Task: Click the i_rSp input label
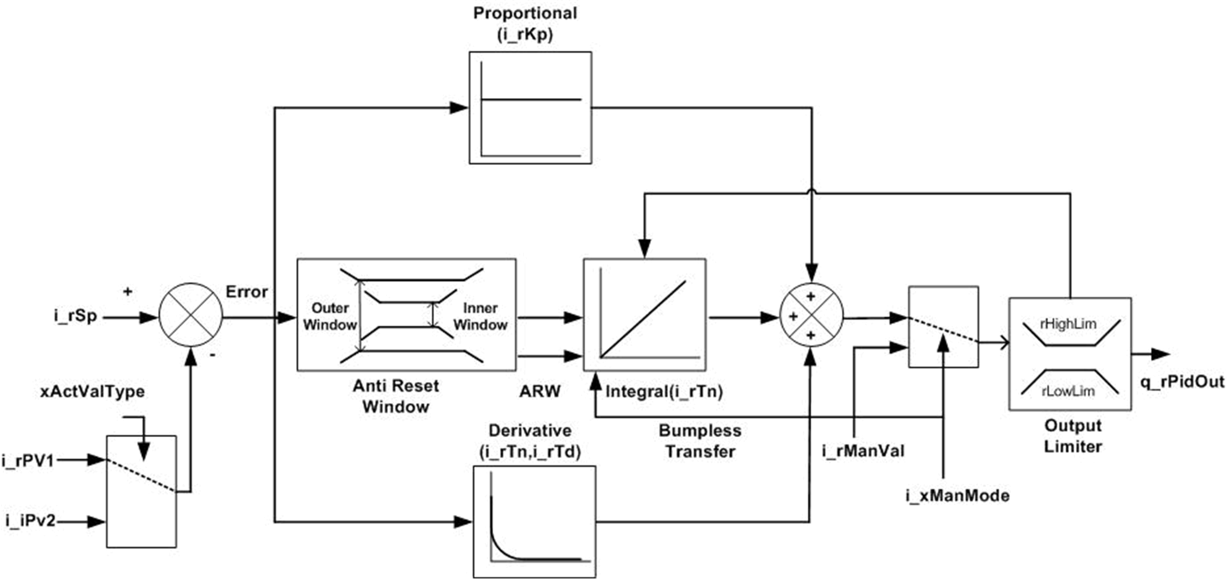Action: tap(75, 317)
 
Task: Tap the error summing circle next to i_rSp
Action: tap(191, 315)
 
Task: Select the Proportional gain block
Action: tap(530, 108)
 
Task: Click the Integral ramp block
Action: tap(645, 315)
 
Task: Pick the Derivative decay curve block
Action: tap(534, 522)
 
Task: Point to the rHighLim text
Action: tap(1068, 324)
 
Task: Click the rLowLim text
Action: tap(1068, 391)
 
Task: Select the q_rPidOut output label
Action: tap(1182, 382)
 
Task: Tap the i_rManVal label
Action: tap(863, 451)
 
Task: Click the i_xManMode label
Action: tap(957, 496)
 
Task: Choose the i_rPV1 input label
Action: tap(28, 461)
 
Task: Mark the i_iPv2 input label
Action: tap(30, 521)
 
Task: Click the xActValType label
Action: tap(92, 391)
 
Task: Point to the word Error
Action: tap(247, 292)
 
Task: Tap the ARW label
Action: tap(539, 391)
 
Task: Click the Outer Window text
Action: tap(330, 317)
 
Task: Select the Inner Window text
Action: tap(480, 317)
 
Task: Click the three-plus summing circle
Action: tap(811, 315)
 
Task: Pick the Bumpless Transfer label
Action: tap(700, 441)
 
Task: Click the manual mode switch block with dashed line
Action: tap(943, 327)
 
